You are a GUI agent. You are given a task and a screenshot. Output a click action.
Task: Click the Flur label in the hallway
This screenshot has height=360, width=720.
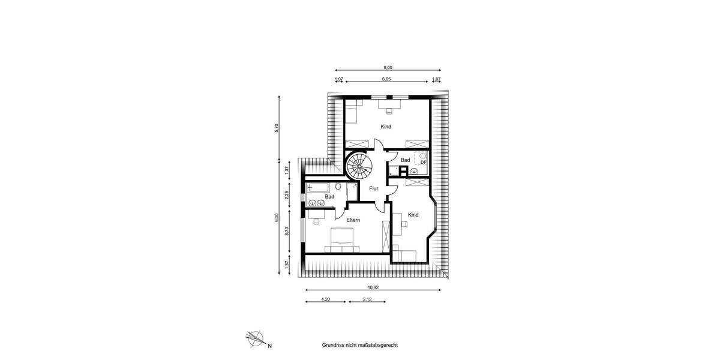point(374,188)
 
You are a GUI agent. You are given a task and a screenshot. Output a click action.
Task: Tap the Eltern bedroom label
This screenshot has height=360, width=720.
point(353,220)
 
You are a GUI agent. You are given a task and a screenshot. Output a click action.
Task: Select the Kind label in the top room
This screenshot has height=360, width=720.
point(386,127)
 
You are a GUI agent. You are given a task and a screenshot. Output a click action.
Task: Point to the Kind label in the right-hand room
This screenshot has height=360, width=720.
point(413,215)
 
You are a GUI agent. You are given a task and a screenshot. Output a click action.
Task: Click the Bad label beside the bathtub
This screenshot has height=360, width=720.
point(329,196)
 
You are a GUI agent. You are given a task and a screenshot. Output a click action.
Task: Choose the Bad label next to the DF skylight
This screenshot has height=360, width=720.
point(405,160)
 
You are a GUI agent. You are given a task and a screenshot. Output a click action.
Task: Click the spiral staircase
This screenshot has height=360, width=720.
point(359,166)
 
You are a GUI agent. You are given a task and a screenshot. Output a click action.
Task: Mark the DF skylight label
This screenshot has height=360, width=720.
point(423,161)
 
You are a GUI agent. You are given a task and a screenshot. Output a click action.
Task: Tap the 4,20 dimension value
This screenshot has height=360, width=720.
point(326,298)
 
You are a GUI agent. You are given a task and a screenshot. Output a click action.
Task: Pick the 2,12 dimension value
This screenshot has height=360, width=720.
point(366,298)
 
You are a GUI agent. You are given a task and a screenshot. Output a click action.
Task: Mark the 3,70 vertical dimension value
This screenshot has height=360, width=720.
point(287,231)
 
